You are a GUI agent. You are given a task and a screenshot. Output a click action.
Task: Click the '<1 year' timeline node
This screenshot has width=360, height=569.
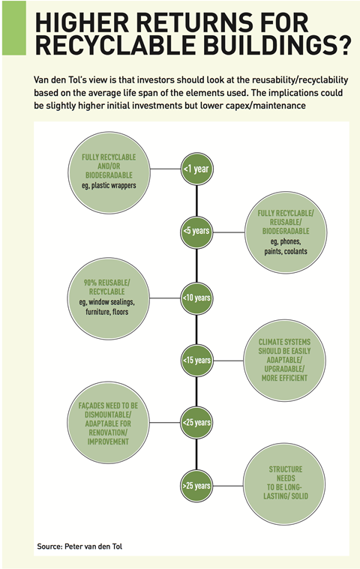(x=196, y=169)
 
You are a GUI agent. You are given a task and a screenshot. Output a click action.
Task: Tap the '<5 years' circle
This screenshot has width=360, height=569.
(x=196, y=231)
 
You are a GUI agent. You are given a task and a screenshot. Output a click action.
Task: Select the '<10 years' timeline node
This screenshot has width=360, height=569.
(x=196, y=298)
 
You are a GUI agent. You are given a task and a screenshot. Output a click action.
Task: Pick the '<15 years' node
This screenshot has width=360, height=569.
(x=196, y=361)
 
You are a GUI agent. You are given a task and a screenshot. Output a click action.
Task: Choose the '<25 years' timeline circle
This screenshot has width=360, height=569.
(x=196, y=423)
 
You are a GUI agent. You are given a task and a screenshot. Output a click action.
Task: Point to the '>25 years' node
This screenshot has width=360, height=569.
(x=196, y=486)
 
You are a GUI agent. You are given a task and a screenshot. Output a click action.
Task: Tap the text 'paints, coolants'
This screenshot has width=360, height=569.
(x=286, y=251)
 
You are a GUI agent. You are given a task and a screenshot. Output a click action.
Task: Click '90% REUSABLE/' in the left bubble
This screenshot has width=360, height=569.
(x=106, y=283)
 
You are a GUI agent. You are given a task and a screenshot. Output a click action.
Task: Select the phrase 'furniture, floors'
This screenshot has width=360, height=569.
(x=107, y=312)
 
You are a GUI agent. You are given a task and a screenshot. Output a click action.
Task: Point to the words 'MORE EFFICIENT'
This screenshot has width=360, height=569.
(x=285, y=378)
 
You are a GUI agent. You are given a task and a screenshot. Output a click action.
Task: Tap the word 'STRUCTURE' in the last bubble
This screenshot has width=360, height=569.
(x=286, y=469)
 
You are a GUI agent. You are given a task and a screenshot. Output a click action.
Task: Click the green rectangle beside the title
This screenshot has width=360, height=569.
(x=14, y=28)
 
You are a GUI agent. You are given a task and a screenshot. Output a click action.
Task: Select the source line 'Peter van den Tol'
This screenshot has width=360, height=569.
(x=93, y=547)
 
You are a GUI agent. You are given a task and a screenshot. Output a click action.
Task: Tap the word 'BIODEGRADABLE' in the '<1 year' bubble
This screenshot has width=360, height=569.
(x=109, y=175)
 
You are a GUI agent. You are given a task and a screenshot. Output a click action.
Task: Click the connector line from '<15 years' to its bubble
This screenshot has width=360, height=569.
(x=228, y=361)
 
